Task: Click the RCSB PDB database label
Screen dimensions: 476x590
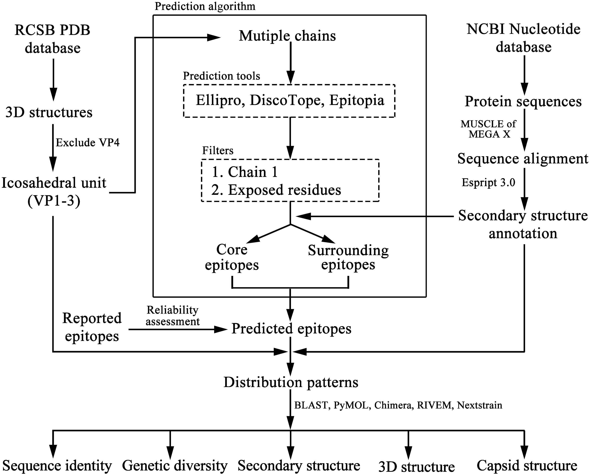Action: point(52,39)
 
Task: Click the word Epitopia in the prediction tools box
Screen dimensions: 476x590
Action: point(357,100)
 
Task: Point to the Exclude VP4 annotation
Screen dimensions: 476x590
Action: point(88,143)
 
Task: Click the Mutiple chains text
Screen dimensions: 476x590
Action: point(287,36)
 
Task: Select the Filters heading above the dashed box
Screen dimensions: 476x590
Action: point(218,151)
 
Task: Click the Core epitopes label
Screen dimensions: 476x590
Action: point(232,257)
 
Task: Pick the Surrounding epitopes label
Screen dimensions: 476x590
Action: point(348,257)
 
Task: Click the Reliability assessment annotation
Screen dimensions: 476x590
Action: point(173,316)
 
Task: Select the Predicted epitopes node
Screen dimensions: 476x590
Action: point(291,329)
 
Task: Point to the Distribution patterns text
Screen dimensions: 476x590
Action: point(291,382)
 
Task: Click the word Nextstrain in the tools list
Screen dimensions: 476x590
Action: point(479,405)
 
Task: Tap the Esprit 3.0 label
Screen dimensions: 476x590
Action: point(488,183)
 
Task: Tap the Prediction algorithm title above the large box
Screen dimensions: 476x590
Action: point(205,6)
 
